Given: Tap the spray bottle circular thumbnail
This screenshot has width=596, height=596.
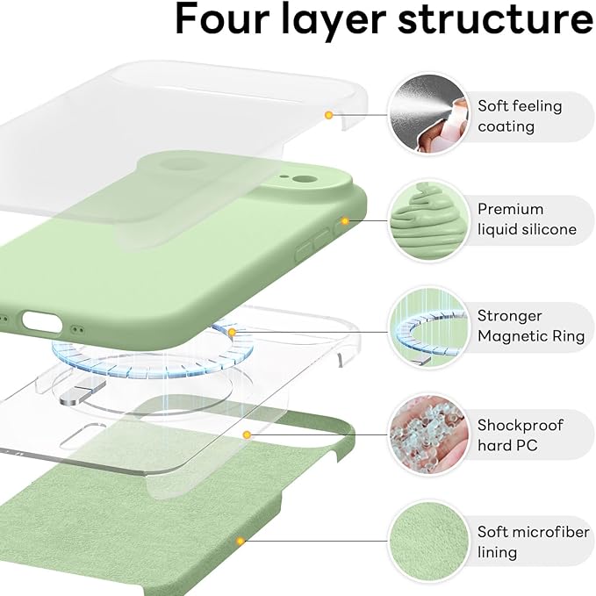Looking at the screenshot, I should [x=426, y=116].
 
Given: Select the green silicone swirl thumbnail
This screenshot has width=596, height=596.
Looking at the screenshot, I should [x=426, y=219].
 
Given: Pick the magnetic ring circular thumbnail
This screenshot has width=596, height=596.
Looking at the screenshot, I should [x=426, y=327].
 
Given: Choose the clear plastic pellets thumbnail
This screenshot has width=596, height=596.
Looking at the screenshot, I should [x=426, y=434].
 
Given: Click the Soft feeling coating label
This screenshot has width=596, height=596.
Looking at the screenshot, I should [x=520, y=116].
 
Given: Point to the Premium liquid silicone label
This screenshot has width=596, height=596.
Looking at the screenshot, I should [x=527, y=219].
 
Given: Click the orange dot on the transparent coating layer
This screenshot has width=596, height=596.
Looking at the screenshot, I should [x=328, y=114].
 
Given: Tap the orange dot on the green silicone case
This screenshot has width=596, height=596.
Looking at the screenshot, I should [x=345, y=221].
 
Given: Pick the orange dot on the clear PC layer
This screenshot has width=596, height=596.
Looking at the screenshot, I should [x=248, y=434].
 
